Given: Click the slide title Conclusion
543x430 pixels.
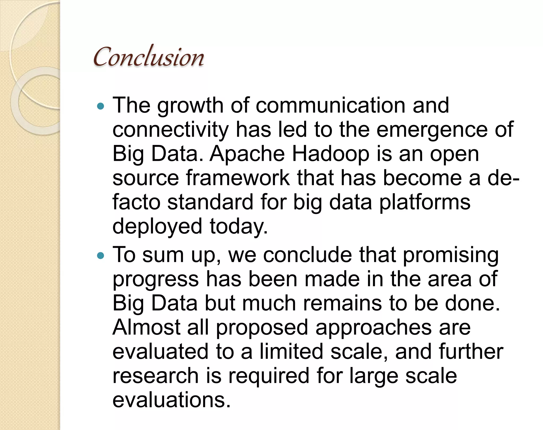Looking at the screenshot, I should point(149,57).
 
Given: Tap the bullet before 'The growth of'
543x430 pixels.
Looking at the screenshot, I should point(101,107).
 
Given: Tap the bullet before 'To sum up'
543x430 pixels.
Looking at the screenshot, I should point(101,256).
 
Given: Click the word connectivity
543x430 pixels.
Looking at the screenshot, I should point(170,130).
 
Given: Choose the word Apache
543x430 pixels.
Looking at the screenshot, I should point(247,154).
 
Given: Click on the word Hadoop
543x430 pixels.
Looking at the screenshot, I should point(330,154).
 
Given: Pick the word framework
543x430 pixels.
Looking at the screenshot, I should point(238,178).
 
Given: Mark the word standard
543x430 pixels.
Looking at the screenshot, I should point(210,202).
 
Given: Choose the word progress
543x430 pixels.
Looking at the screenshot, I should point(156,279).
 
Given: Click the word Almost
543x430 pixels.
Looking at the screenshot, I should point(146,327).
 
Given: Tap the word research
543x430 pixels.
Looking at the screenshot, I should point(156,376).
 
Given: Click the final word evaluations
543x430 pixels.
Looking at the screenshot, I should point(171,400).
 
